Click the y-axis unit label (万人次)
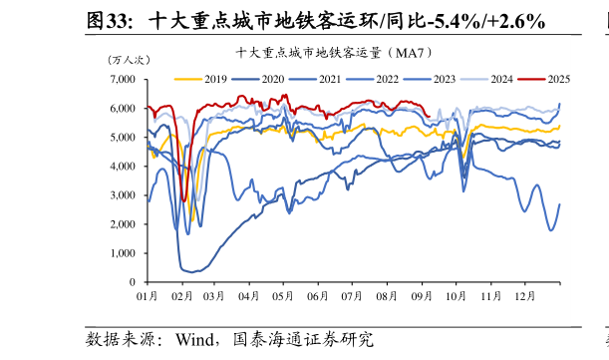[127, 60]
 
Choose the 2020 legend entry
[273, 78]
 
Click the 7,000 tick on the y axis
[123, 79]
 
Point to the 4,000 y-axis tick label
[123, 167]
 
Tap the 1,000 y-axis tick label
[123, 253]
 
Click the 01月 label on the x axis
[147, 297]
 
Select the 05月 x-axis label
[283, 297]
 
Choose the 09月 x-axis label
[422, 297]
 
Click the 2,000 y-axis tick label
[123, 224]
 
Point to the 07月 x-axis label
[353, 297]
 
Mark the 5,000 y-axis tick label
[123, 138]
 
